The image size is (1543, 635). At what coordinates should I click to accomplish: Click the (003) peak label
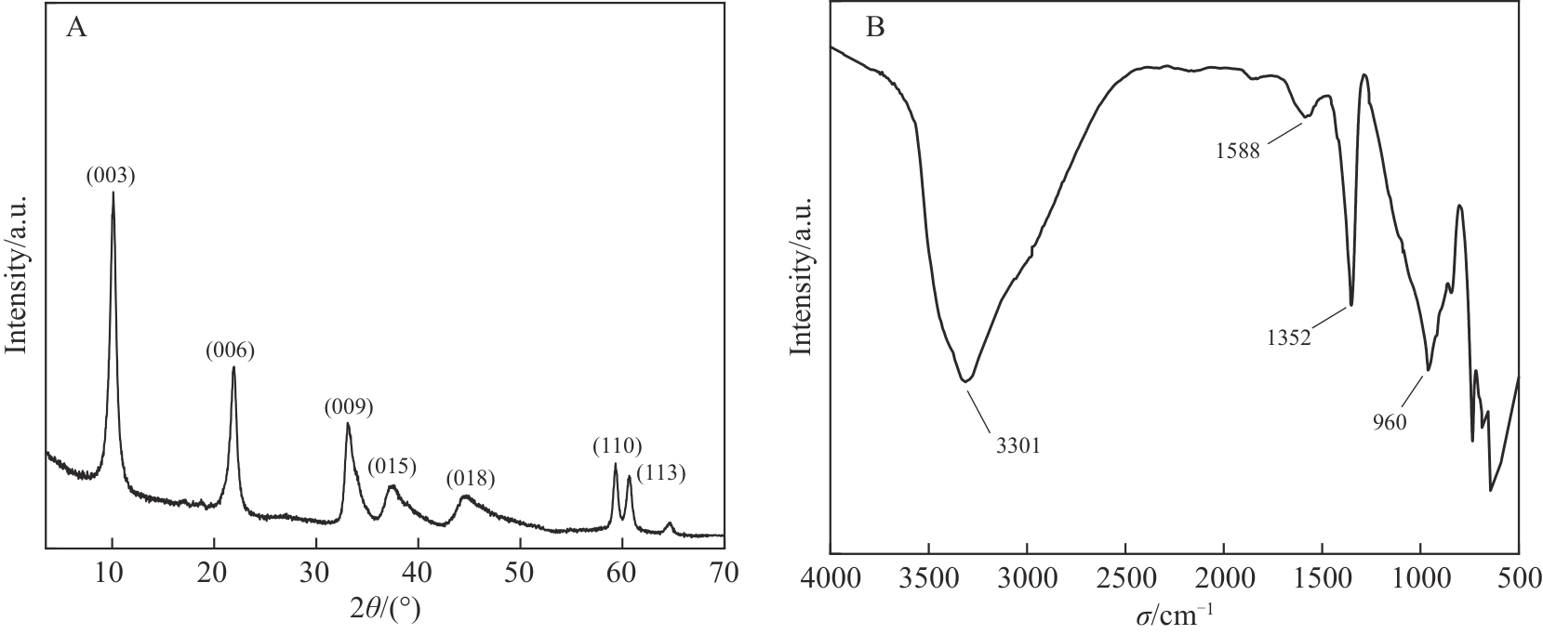(x=111, y=176)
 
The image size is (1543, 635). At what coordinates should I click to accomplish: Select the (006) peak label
(x=230, y=351)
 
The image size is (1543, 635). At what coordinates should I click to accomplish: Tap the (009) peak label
(x=349, y=406)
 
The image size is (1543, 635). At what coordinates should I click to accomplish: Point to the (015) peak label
(x=391, y=465)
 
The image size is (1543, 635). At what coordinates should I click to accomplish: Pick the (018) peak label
(x=470, y=480)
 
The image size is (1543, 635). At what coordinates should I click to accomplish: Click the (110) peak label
(x=618, y=447)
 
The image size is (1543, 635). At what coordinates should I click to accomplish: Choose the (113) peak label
(x=661, y=473)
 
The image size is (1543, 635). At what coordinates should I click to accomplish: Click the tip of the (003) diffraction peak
(x=113, y=193)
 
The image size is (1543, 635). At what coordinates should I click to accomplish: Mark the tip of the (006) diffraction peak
(x=233, y=367)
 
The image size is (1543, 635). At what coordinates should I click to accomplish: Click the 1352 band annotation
(x=1288, y=338)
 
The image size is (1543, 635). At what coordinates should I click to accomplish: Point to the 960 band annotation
(x=1390, y=421)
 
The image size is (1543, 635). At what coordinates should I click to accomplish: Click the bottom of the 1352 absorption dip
(x=1350, y=304)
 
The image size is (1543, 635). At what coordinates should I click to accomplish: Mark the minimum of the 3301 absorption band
(x=966, y=381)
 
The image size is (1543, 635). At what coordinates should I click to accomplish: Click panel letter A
(x=76, y=29)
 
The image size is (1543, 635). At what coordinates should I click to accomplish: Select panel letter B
(x=875, y=29)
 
